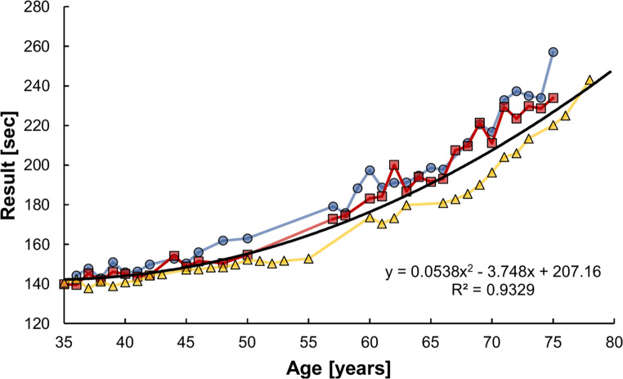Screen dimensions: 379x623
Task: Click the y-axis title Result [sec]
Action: [13, 165]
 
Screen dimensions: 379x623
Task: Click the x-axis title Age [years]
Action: [338, 367]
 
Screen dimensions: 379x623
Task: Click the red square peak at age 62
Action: [394, 165]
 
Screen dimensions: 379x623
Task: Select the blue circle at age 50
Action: [248, 238]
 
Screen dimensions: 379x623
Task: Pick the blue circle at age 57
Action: [333, 207]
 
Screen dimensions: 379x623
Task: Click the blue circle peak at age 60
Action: [370, 170]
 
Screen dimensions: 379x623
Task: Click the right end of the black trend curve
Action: [612, 72]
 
